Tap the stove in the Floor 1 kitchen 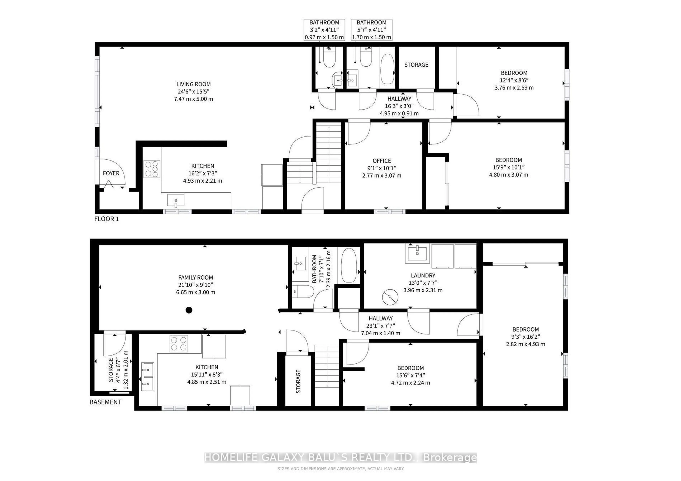(152, 169)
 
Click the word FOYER (111, 173)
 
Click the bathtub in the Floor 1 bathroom (387, 69)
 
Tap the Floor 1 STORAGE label (416, 65)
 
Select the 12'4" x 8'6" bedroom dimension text (514, 80)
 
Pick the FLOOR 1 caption (106, 219)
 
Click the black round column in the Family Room (189, 310)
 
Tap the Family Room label (195, 278)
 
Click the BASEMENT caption (105, 402)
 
